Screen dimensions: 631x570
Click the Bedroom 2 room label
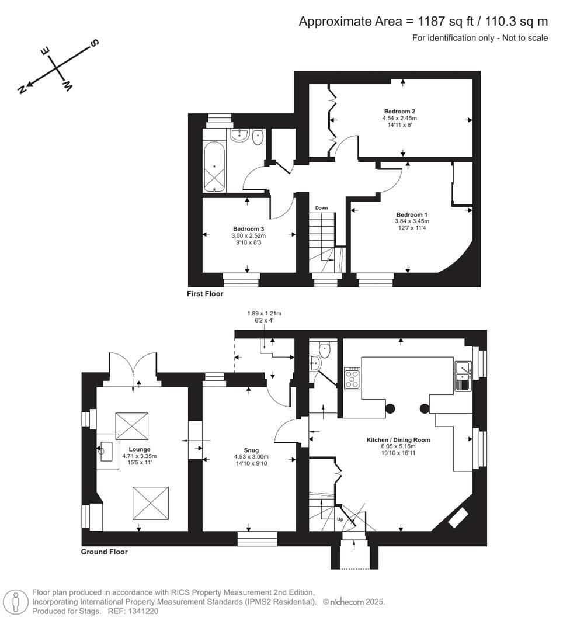tap(399, 111)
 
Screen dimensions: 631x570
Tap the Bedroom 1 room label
tap(412, 214)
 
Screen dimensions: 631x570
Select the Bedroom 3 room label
tap(249, 228)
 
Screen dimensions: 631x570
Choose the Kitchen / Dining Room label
tap(398, 439)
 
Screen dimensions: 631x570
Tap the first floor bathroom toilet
tap(258, 137)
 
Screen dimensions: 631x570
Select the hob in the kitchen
tap(353, 377)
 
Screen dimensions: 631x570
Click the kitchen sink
tap(463, 369)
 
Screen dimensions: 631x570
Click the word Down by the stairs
tap(321, 208)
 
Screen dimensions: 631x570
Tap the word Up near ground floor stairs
tap(340, 518)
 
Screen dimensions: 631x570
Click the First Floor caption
tap(205, 294)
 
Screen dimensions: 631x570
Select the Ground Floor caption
tap(105, 552)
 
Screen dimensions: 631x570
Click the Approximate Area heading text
tap(423, 22)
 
